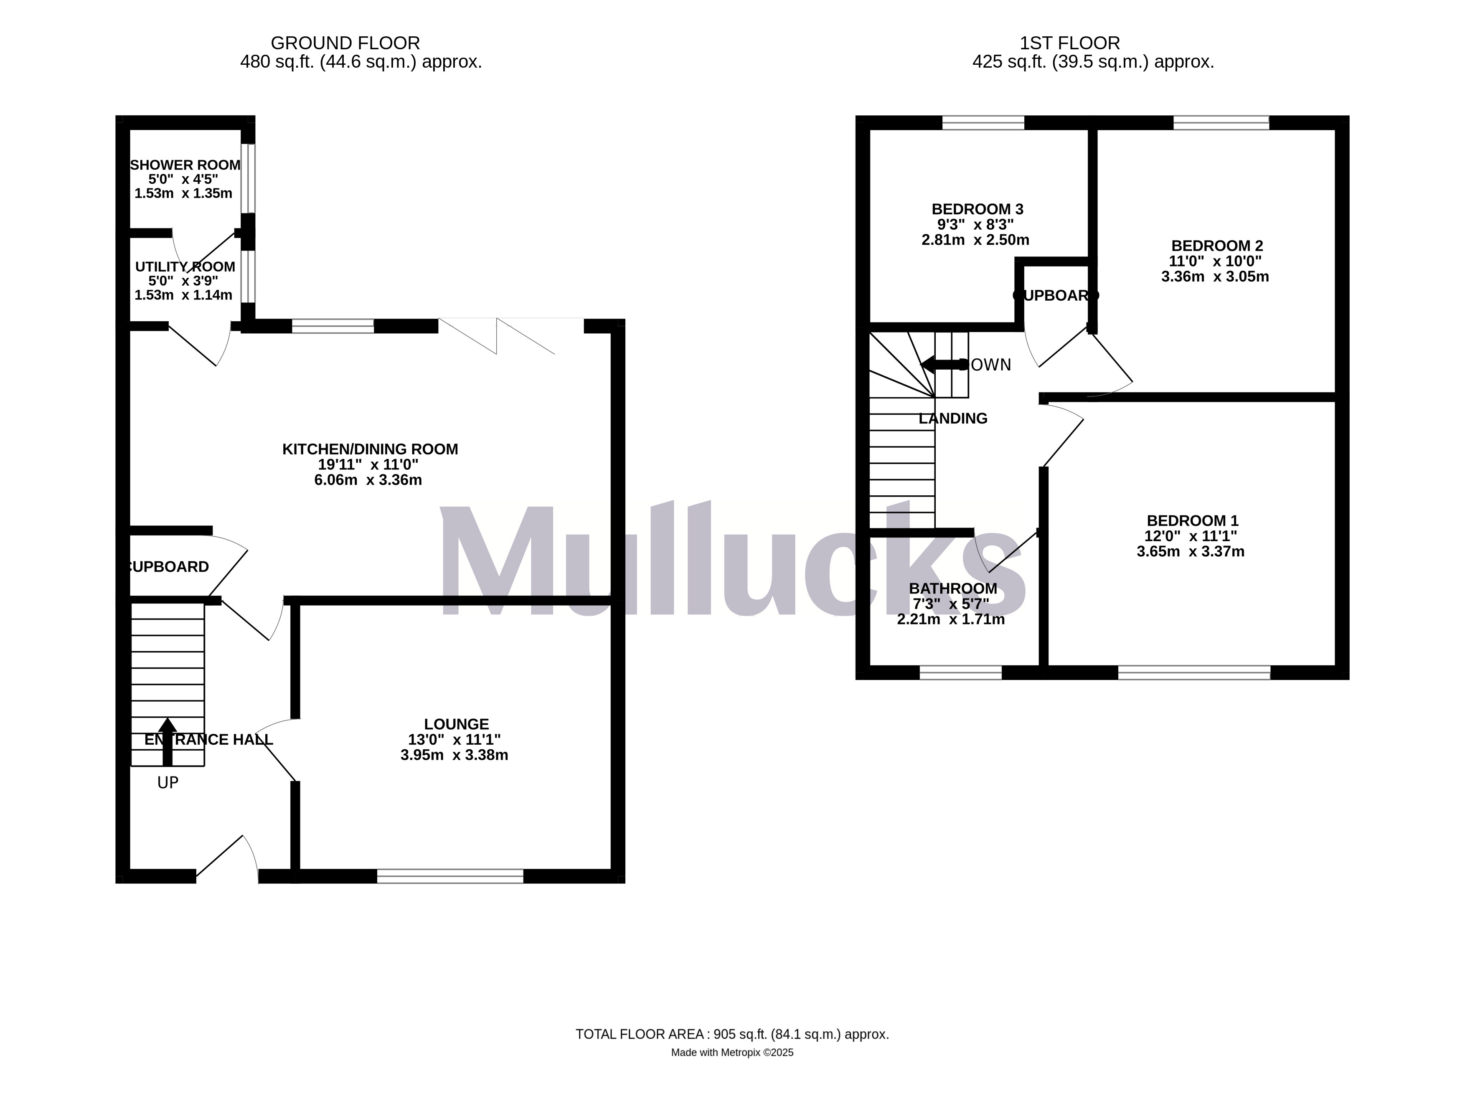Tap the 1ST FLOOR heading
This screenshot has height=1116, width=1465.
[1070, 43]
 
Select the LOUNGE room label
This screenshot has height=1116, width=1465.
[457, 724]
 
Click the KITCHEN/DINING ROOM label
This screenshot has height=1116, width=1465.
[370, 449]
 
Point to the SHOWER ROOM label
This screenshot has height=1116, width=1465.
[185, 165]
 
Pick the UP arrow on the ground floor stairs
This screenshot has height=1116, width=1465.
[168, 742]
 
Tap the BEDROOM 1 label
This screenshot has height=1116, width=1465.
[1193, 521]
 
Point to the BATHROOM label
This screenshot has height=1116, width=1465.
[953, 588]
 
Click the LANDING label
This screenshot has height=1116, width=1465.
[953, 418]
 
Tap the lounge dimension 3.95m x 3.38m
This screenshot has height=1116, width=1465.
[454, 755]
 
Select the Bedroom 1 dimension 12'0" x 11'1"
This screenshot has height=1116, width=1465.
[1190, 536]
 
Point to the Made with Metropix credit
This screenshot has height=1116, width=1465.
[732, 1052]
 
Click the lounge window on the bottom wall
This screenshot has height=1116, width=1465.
[450, 876]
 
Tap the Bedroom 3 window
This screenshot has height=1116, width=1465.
[983, 123]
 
